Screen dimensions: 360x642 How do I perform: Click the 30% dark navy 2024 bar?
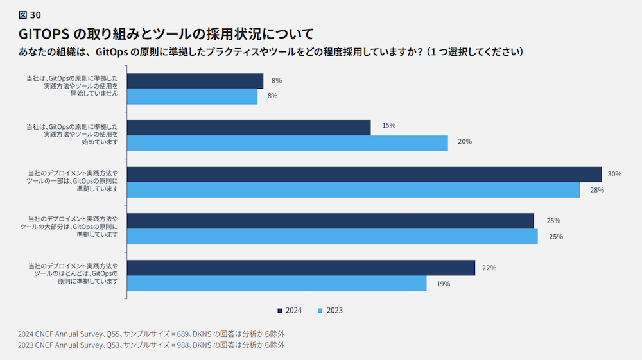(x=364, y=175)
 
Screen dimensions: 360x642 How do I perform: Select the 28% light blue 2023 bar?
(x=353, y=190)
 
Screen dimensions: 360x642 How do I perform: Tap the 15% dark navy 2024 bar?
(x=248, y=127)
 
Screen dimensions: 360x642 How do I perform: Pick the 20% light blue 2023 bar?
(x=287, y=143)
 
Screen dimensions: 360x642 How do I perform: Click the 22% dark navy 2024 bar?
(x=300, y=268)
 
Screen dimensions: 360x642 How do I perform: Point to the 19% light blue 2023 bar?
(x=277, y=284)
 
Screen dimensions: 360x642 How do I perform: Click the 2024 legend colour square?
(x=280, y=311)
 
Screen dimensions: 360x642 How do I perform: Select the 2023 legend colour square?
(x=320, y=311)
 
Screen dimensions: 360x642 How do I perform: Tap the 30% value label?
(x=614, y=174)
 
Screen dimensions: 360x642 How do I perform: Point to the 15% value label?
(x=388, y=126)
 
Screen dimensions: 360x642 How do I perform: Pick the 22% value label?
(x=489, y=268)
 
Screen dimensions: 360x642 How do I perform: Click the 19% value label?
(x=443, y=284)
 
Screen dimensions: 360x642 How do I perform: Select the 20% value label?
(x=465, y=141)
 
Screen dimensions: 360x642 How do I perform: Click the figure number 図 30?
(x=30, y=15)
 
